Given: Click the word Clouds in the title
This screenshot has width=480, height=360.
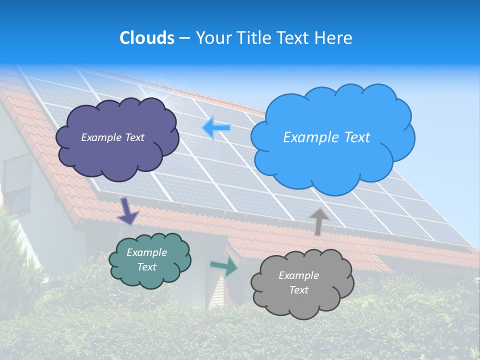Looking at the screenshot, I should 147,38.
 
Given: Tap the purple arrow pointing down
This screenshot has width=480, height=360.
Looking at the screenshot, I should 128,211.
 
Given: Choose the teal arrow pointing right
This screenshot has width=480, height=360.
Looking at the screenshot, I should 224,266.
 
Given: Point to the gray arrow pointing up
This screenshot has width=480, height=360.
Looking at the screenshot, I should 318,221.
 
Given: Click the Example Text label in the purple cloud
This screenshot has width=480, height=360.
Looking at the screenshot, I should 112,137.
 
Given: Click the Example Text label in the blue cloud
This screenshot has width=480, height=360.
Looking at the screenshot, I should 326,137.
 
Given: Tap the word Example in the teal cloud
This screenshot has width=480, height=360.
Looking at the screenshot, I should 146,252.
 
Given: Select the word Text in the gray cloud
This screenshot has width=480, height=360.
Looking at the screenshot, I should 298,290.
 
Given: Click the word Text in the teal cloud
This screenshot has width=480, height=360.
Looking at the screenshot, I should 146,267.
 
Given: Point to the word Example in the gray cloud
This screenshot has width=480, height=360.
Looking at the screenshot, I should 298,275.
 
